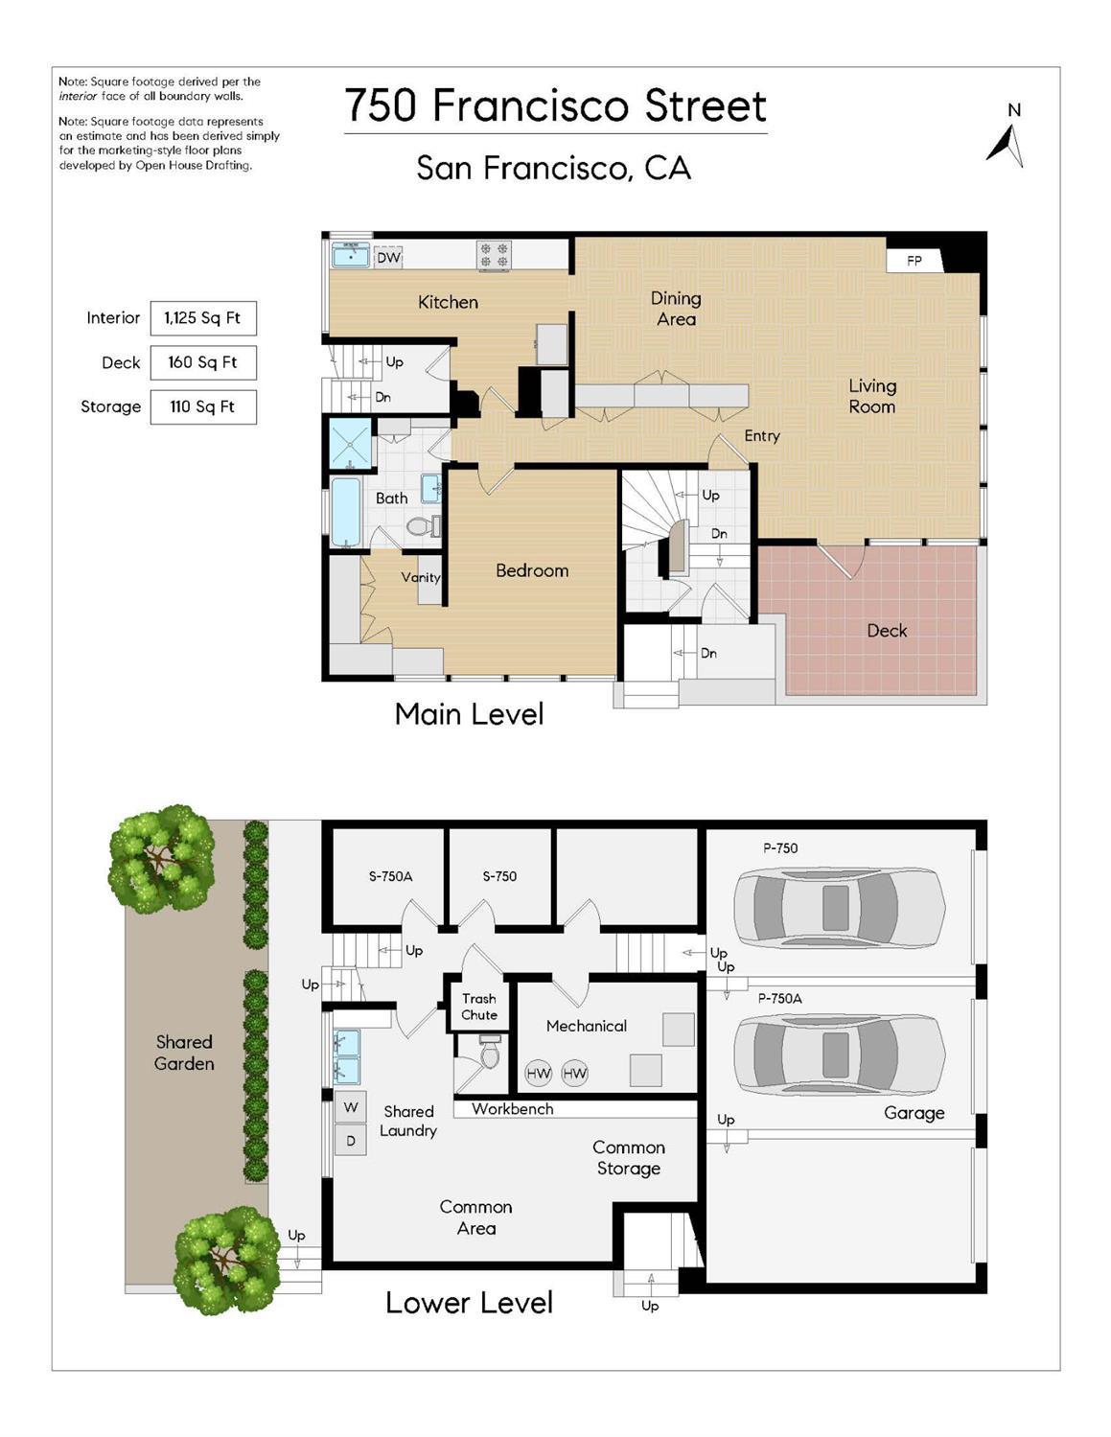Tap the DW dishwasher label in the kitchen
(388, 257)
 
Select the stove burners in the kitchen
(495, 255)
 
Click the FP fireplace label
(914, 261)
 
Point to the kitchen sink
(351, 255)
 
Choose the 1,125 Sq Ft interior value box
(203, 318)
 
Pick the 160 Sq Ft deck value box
(203, 362)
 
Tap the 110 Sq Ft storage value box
(203, 406)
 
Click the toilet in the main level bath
(424, 526)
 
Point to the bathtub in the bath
(345, 513)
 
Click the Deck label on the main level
(887, 630)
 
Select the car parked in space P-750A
(839, 1055)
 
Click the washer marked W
(351, 1107)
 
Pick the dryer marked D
(351, 1141)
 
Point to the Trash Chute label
(478, 1007)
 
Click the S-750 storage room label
(499, 876)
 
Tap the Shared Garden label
(184, 1053)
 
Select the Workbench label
(513, 1109)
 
